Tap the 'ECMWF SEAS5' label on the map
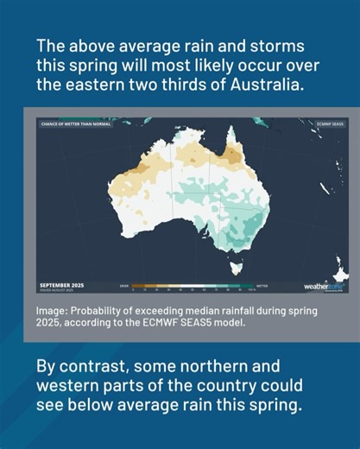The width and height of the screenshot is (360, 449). click(x=325, y=124)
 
